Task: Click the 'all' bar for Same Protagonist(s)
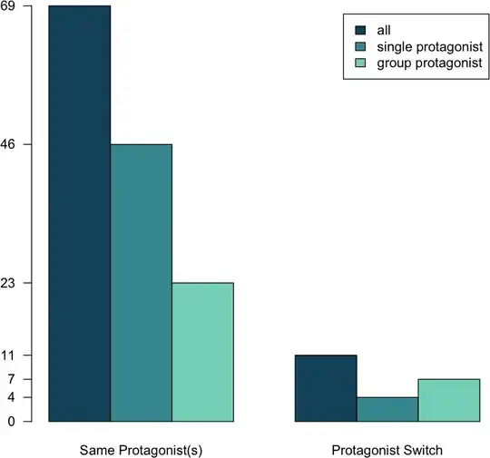pyautogui.click(x=79, y=213)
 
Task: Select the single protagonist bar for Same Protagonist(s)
pyautogui.click(x=141, y=282)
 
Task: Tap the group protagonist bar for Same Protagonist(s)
pyautogui.click(x=202, y=352)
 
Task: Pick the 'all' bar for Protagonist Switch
pyautogui.click(x=326, y=388)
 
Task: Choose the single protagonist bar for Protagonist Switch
pyautogui.click(x=387, y=409)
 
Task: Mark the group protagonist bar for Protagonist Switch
pyautogui.click(x=448, y=400)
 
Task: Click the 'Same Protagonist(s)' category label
pyautogui.click(x=141, y=449)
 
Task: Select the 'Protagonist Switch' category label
pyautogui.click(x=387, y=449)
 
